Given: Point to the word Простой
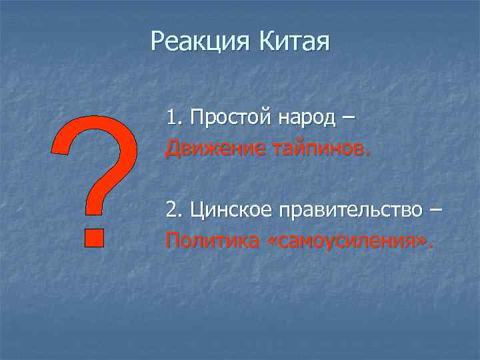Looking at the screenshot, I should pos(223,119).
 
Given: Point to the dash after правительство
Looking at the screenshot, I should pos(435,211).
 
